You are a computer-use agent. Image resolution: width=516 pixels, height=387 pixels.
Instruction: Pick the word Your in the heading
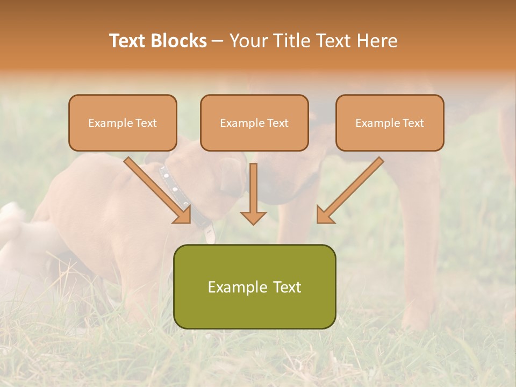click(248, 41)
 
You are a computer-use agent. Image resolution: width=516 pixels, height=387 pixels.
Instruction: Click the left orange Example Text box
click(123, 123)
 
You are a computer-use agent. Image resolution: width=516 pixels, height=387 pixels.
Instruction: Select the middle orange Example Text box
click(254, 123)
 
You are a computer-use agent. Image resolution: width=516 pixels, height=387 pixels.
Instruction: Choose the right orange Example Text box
click(390, 123)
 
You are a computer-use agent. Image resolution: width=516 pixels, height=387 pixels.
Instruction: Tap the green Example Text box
click(254, 286)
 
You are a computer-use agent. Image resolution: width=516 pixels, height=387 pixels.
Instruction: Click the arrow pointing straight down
click(253, 193)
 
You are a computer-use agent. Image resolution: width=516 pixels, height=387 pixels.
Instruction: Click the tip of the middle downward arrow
click(253, 223)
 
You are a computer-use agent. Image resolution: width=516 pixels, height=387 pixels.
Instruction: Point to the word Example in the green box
click(235, 287)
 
